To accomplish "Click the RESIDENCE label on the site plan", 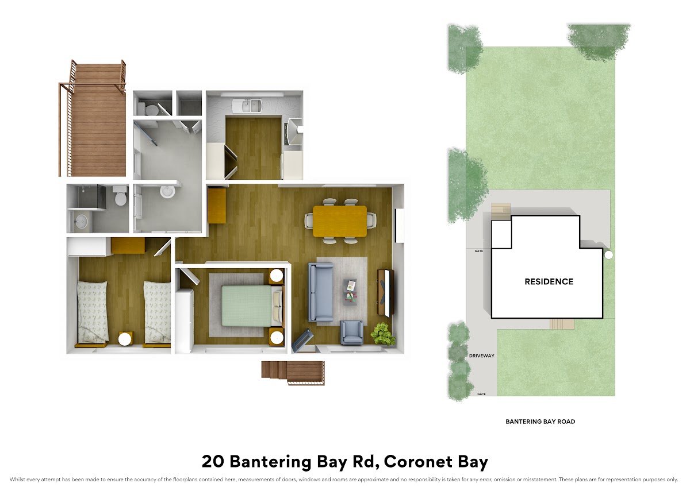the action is tap(549, 281).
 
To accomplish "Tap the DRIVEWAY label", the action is tap(481, 355).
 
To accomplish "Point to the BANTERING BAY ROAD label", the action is tap(540, 422).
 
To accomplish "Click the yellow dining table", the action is tap(340, 221).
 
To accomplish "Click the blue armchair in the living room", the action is tap(351, 332).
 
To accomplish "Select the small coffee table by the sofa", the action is tap(351, 292).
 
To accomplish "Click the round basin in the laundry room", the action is tap(167, 192).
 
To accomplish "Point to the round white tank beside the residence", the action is tap(609, 255).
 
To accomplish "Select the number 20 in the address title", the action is tap(213, 462).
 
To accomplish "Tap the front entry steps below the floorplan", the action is tap(293, 373).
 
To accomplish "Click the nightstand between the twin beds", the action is tap(126, 339).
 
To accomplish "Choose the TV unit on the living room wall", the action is tap(386, 292).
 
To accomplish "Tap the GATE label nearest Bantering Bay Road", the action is tap(481, 394).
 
